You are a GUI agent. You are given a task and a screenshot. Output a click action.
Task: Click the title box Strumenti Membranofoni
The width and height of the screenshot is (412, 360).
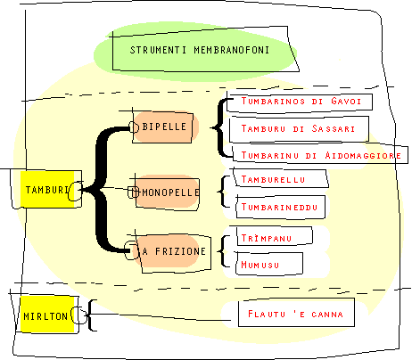point(205,50)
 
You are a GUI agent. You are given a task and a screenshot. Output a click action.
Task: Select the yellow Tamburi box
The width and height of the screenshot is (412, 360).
point(46,189)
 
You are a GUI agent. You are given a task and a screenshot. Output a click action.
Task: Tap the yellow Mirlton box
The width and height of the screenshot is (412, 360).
point(45,315)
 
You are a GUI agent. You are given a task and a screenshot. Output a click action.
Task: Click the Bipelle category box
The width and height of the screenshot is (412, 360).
point(162,127)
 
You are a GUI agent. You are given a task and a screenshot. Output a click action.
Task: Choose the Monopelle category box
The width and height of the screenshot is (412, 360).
point(168,193)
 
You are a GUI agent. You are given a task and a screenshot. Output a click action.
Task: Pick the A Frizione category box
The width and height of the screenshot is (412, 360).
point(175,252)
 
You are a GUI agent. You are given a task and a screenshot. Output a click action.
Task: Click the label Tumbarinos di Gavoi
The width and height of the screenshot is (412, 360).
point(301,102)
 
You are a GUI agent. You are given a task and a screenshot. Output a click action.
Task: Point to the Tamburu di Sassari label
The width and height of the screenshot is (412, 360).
point(299,129)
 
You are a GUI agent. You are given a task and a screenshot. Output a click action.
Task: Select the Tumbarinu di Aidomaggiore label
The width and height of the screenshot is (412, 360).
point(320,155)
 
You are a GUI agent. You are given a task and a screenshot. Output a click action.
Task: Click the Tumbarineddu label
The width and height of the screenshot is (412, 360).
point(280,207)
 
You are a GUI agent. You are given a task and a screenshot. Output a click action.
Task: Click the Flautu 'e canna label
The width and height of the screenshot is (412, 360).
point(296,314)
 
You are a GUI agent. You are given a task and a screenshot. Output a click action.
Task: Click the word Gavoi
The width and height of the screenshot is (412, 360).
point(346,102)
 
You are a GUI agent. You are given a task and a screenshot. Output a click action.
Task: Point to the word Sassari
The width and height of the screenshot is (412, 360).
point(334,128)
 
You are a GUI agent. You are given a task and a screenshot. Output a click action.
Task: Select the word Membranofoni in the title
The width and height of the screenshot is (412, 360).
point(232,50)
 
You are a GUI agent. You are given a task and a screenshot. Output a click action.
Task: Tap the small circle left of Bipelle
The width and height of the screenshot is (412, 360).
point(134,127)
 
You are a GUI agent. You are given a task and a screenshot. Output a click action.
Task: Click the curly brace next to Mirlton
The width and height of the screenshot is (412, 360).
point(92,315)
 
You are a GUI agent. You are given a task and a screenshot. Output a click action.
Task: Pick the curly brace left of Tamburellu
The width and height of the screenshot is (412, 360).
point(224,192)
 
